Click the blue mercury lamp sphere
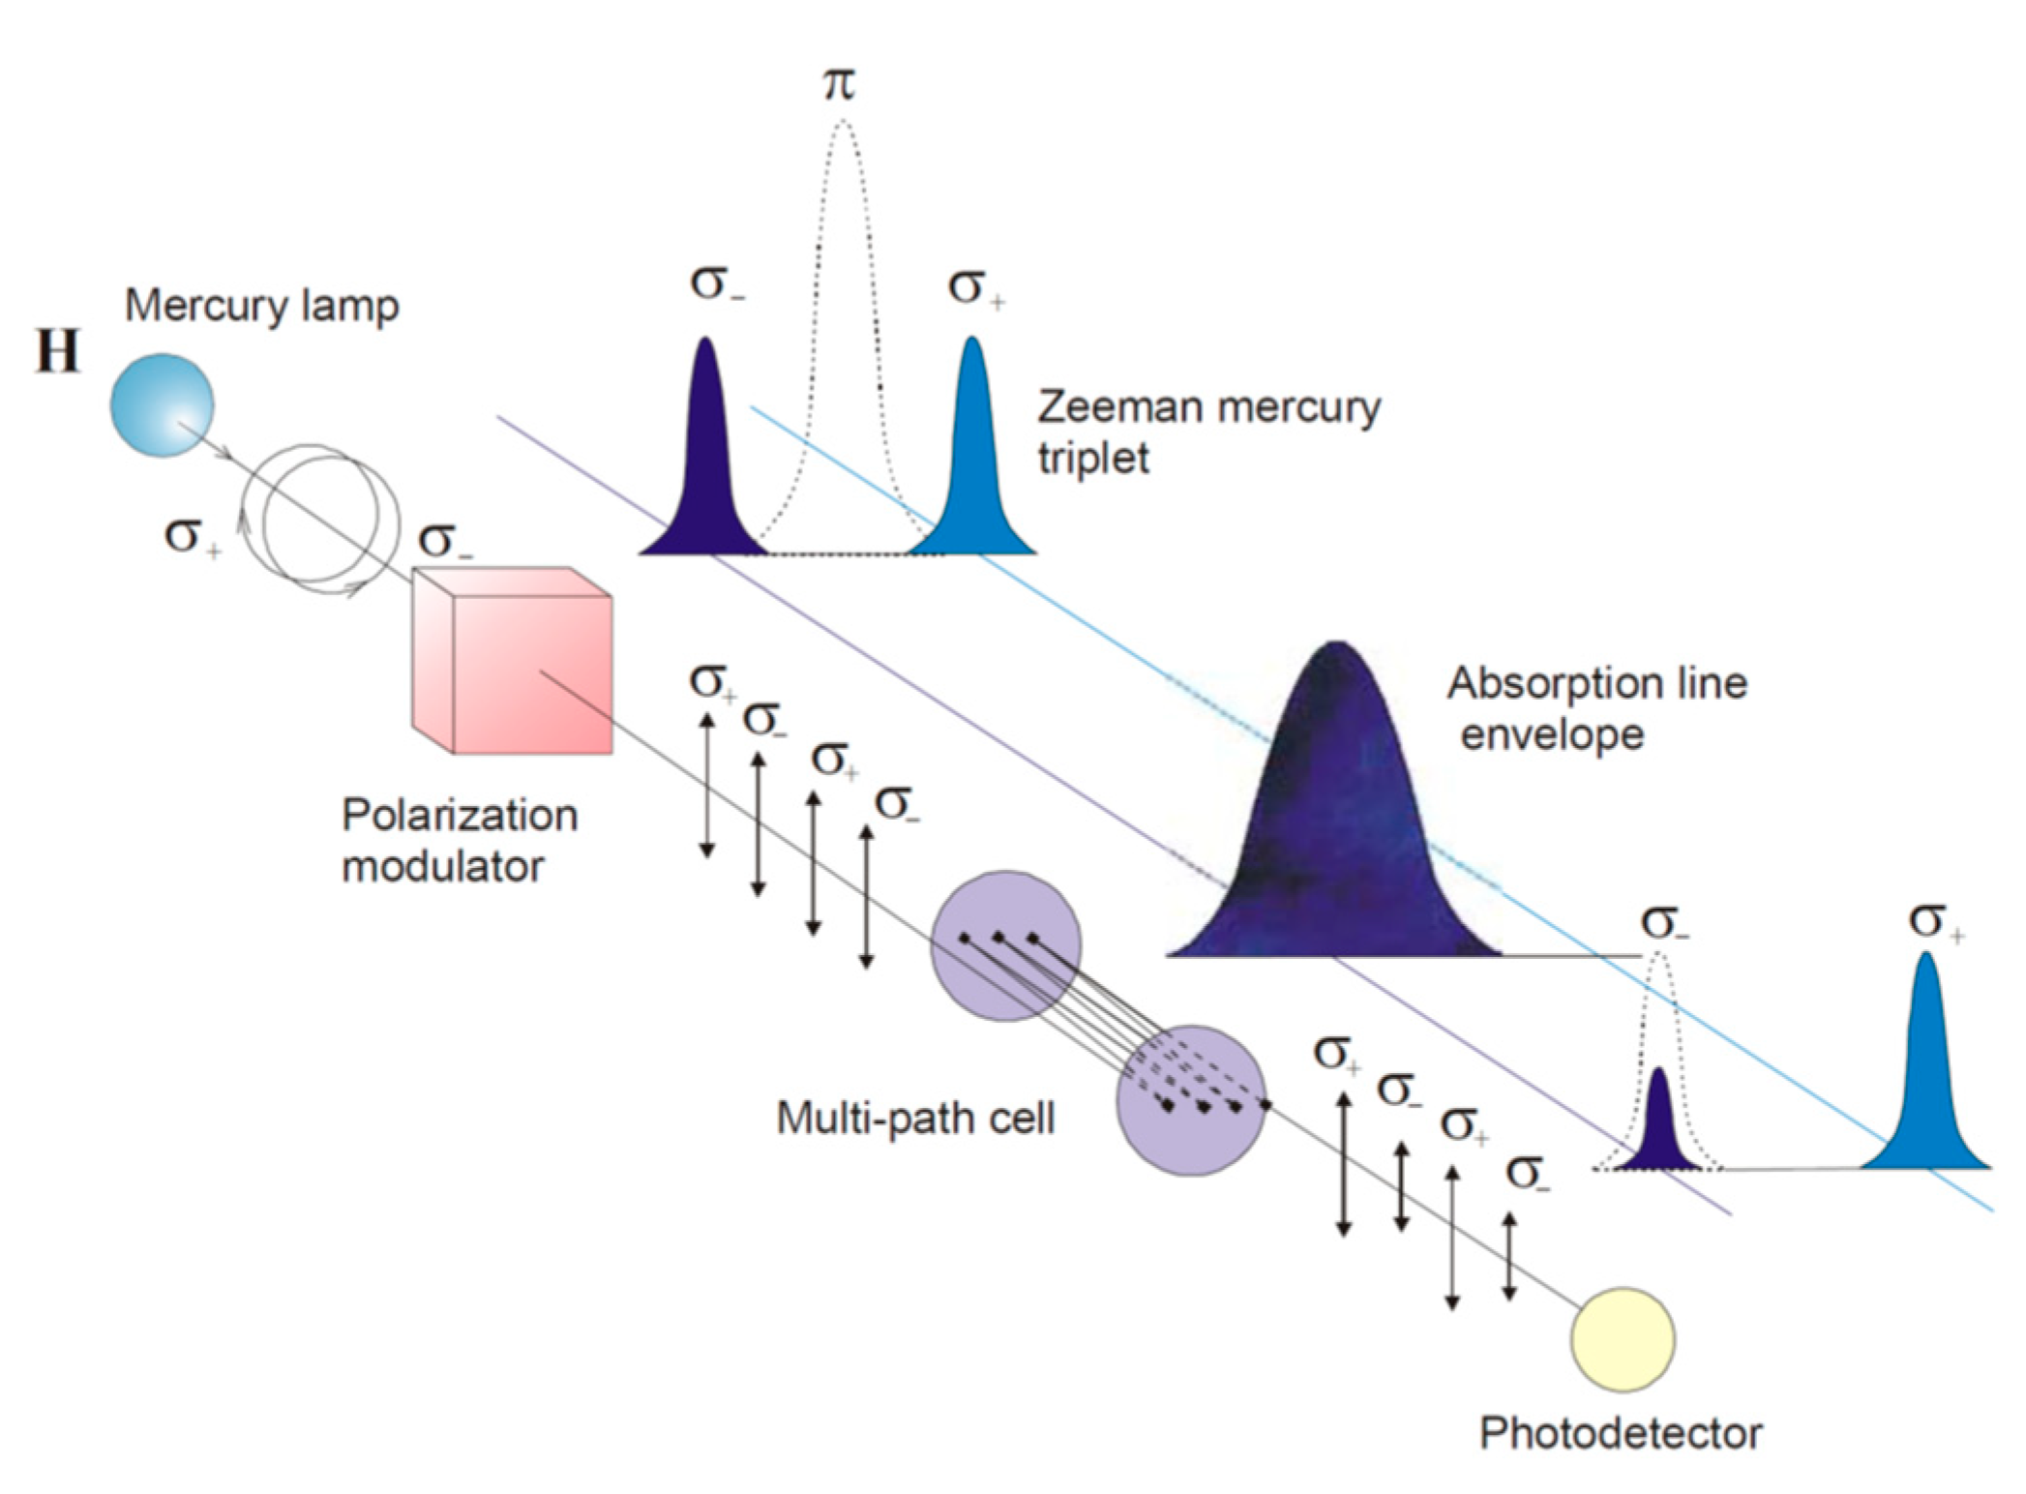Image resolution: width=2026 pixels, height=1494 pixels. click(162, 404)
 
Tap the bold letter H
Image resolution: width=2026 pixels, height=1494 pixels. click(57, 351)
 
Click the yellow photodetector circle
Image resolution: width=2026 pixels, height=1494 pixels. click(1622, 1339)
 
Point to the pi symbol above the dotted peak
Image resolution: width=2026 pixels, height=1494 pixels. click(840, 84)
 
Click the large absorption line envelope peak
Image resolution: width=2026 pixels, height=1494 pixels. click(1335, 822)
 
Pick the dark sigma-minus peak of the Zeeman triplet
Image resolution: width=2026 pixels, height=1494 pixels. click(706, 464)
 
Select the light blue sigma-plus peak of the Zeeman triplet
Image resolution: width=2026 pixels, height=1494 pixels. click(972, 464)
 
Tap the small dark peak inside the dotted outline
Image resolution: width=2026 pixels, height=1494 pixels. click(1659, 1127)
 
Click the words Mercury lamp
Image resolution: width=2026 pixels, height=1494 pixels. click(261, 306)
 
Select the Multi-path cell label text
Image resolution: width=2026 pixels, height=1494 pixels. click(914, 1120)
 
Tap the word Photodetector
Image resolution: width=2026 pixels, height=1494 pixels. click(1621, 1433)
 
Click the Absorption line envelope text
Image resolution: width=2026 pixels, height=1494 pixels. click(1596, 708)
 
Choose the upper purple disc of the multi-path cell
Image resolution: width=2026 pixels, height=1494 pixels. click(1006, 945)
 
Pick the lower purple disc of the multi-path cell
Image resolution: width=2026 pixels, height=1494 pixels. click(1191, 1100)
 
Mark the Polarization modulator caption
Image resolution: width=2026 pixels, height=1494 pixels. click(460, 840)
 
